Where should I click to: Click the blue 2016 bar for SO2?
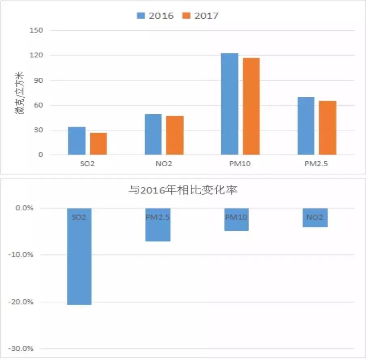pos(77,141)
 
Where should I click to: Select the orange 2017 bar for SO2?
pos(98,144)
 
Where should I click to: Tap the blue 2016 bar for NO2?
pos(153,134)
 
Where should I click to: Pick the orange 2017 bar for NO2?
pos(175,135)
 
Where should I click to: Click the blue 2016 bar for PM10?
pos(230,104)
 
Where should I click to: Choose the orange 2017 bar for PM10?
pos(251,106)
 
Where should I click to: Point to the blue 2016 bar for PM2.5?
pos(306,126)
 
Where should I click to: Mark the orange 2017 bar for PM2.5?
pos(328,128)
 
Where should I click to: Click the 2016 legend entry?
pos(156,16)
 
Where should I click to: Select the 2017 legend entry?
pos(201,16)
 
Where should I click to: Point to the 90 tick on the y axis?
pos(40,80)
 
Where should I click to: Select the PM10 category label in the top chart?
pos(240,165)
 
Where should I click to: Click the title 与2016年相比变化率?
pos(183,190)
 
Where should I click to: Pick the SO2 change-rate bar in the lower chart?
pos(79,259)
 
